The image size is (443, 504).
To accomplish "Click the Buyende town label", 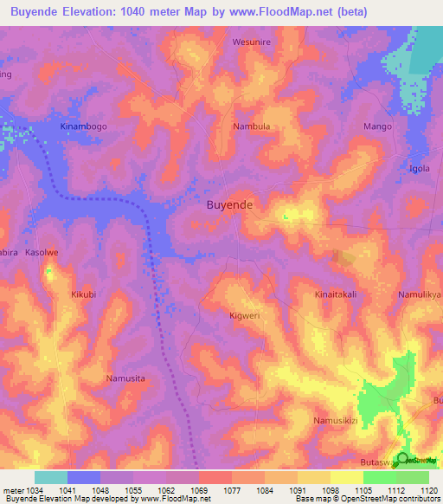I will [229, 205].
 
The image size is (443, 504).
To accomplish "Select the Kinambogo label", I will [84, 126].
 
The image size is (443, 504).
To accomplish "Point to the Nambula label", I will [252, 126].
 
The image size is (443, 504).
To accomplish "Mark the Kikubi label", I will [85, 294].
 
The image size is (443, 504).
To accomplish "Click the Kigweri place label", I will [246, 316].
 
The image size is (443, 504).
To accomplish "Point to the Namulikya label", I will [421, 294].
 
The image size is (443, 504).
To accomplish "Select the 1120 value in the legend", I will [429, 489].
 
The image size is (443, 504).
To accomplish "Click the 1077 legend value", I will [232, 489].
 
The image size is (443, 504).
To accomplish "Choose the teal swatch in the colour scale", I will [51, 477].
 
